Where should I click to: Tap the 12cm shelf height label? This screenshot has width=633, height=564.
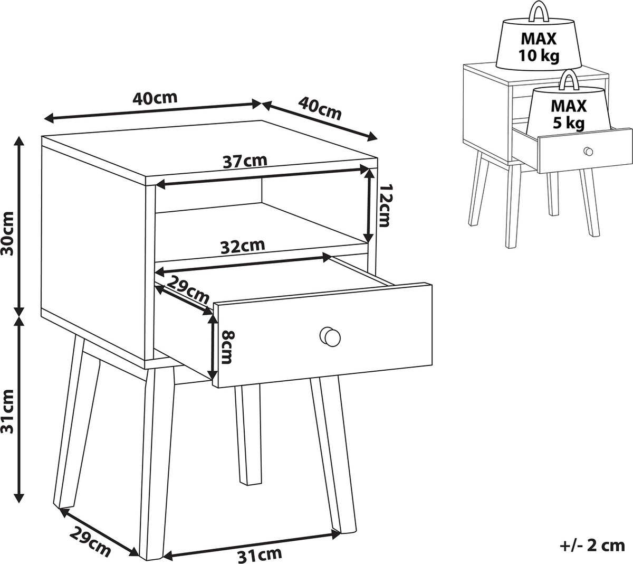point(384,205)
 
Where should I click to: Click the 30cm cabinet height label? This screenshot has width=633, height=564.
point(7,233)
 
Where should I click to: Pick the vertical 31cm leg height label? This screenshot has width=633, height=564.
point(7,411)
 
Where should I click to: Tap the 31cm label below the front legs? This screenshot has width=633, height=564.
point(260,554)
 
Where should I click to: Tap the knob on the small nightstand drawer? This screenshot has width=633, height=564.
point(588,151)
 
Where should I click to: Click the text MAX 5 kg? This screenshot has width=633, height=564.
point(569,115)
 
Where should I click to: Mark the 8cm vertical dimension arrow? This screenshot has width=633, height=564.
point(213,346)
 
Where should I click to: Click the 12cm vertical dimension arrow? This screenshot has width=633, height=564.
point(369,205)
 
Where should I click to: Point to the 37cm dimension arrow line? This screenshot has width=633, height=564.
point(263,177)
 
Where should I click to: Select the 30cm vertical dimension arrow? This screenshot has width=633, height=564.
point(20,226)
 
